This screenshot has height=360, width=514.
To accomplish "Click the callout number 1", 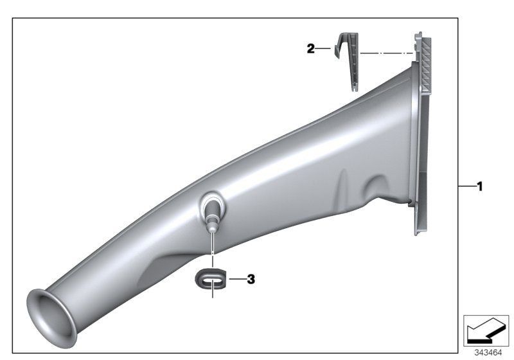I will (x=479, y=186).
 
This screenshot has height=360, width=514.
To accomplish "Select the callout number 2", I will (x=311, y=48).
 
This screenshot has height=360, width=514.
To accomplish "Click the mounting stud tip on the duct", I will (x=211, y=226).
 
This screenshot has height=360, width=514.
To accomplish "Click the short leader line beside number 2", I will (x=324, y=48).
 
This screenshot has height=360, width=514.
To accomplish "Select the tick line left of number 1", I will (x=466, y=186).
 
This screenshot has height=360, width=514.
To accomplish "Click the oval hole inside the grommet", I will (x=209, y=278).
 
